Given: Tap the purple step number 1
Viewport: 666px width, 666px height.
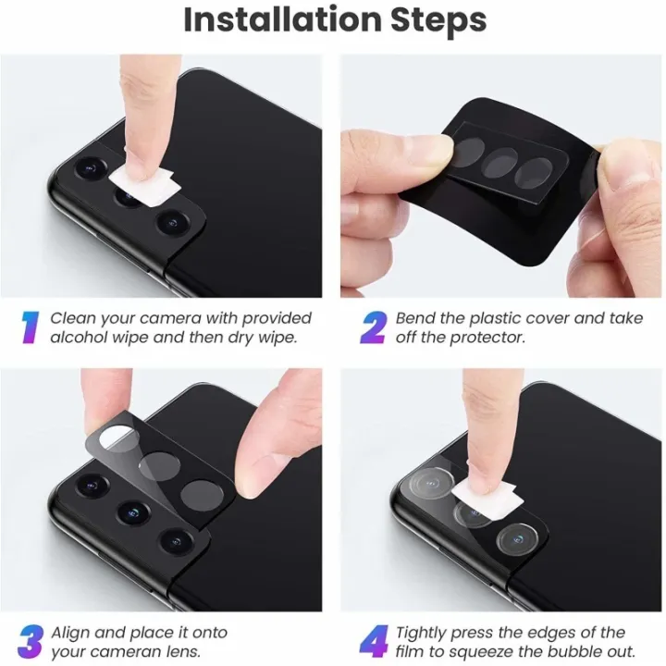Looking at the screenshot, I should coord(31,327).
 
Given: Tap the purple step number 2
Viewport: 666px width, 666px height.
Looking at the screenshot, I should coord(374,327).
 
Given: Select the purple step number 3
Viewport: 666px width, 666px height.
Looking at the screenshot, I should coord(31,642).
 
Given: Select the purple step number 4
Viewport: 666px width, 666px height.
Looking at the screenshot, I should coord(374,642).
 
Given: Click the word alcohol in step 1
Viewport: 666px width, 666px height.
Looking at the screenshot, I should coord(79,338).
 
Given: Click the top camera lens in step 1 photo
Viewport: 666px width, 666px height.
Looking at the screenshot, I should coord(90,167).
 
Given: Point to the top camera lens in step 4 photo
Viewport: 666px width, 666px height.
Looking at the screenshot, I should coord(431,483).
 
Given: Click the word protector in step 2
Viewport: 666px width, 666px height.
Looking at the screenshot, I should coord(487,338).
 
